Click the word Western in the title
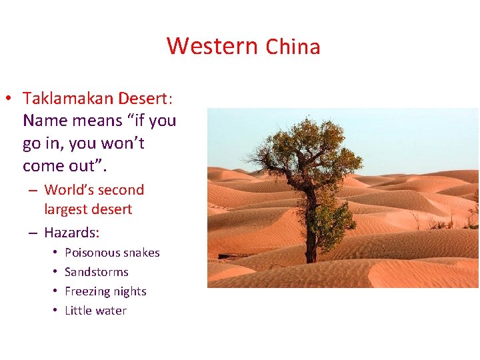[212, 46]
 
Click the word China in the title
[293, 47]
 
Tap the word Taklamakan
[69, 99]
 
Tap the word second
[123, 190]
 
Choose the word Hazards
[71, 233]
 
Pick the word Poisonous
[93, 253]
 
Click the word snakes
[142, 253]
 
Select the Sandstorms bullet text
[96, 272]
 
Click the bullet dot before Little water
[52, 311]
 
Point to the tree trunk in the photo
[310, 233]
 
